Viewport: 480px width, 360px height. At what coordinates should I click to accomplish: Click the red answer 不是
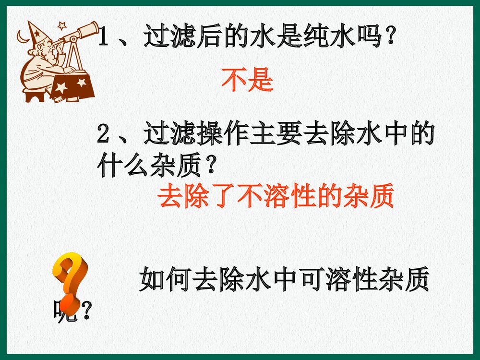(x=247, y=80)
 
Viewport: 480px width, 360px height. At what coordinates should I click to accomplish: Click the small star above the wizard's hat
(x=61, y=24)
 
